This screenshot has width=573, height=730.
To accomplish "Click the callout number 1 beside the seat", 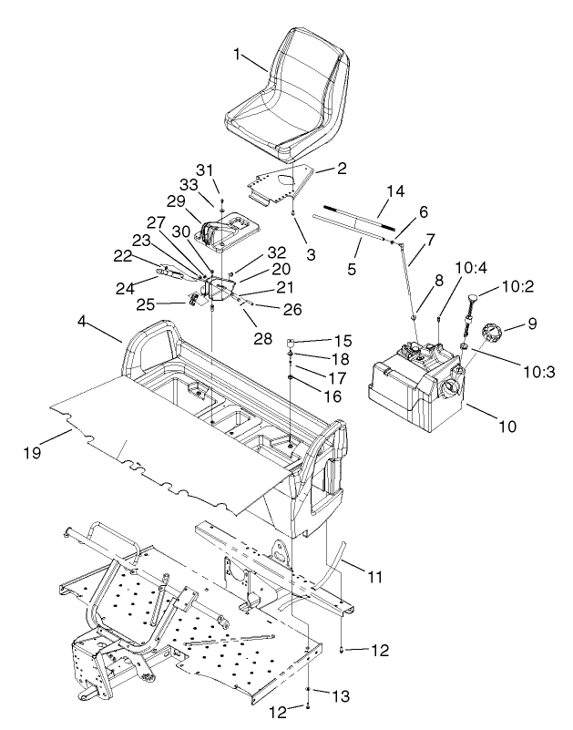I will coord(237,55).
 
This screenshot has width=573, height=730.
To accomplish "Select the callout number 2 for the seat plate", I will coord(316,169).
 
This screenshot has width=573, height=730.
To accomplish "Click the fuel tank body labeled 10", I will coord(410,387).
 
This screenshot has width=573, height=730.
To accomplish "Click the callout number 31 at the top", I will coord(203,170).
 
